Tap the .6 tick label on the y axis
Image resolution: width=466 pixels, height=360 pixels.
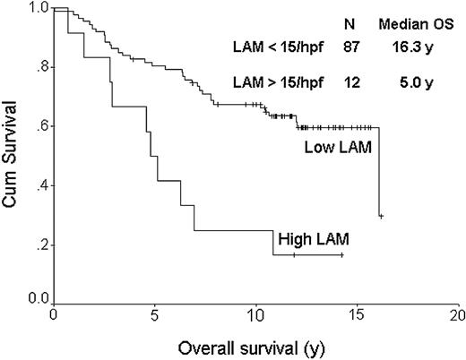40,126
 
